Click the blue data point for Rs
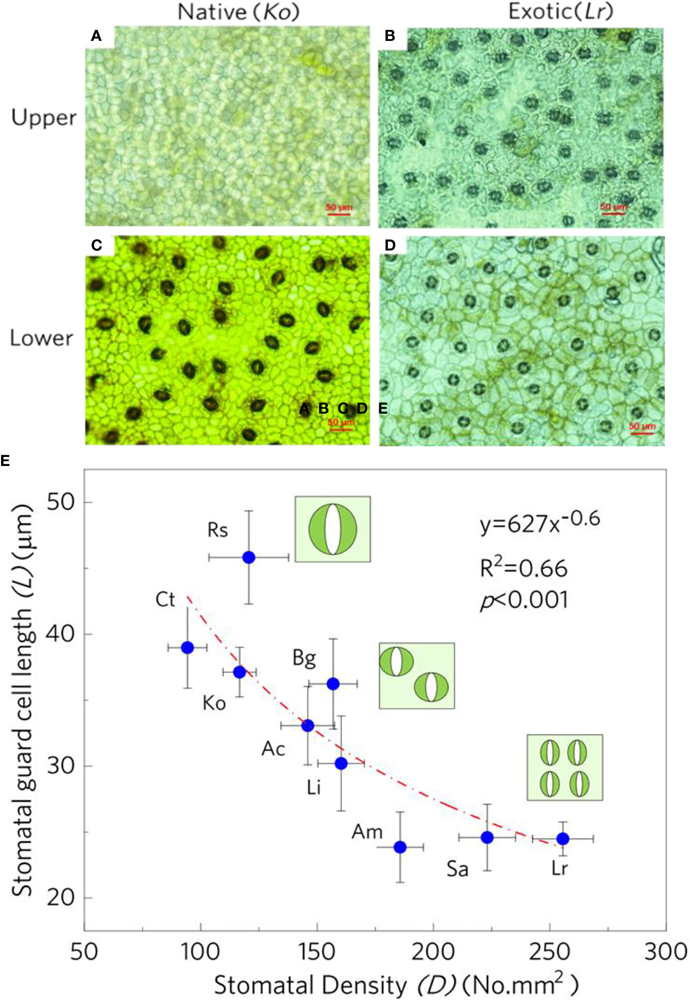click(249, 557)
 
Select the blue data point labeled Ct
click(187, 647)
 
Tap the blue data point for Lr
click(563, 838)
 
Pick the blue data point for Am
click(400, 847)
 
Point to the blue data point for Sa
click(487, 837)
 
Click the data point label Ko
click(214, 704)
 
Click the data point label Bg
click(304, 658)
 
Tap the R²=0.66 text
click(523, 568)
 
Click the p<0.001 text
click(524, 601)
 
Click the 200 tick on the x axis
click(433, 951)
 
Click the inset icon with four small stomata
click(565, 767)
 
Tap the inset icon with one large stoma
click(333, 529)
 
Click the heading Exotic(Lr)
click(560, 11)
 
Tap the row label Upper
click(44, 117)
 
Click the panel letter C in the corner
click(97, 245)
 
